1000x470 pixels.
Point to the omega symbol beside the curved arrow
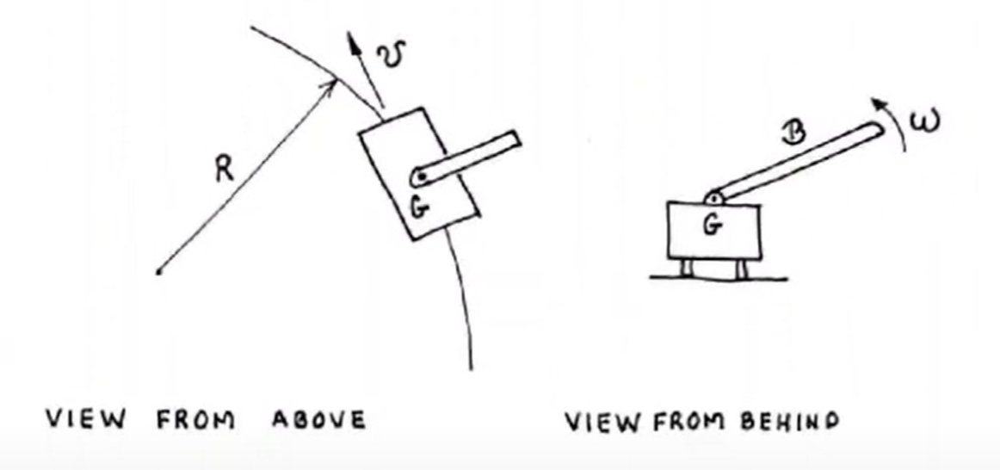coord(924,120)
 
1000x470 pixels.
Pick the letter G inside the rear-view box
coord(713,225)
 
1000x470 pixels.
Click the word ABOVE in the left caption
coord(319,419)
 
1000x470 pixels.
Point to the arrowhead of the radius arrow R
coord(331,85)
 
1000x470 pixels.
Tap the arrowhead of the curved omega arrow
coord(880,104)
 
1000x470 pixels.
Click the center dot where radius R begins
coord(159,272)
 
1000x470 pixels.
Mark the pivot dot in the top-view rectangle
coord(421,176)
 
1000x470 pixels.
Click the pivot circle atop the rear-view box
coord(713,198)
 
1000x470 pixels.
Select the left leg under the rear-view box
coord(686,269)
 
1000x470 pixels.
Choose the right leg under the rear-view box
coord(740,269)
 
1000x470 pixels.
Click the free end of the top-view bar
coord(515,139)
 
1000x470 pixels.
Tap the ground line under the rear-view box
coord(719,278)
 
